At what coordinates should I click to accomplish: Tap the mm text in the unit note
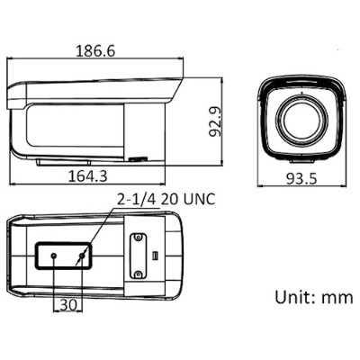coord(338,297)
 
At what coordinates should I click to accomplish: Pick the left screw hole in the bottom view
coord(54,256)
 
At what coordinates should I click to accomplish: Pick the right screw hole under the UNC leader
coord(83,256)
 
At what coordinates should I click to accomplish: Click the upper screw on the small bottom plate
coord(139,239)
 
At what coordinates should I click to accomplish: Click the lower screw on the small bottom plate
coord(139,273)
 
